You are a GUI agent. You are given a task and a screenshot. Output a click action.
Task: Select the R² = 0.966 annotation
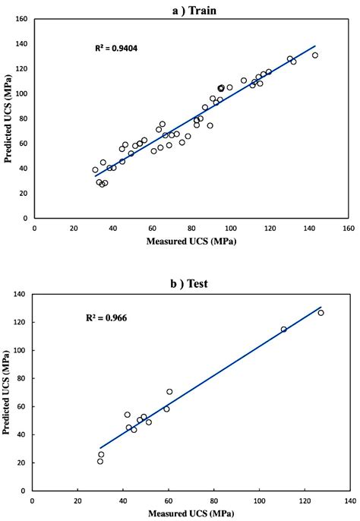pyautogui.click(x=106, y=318)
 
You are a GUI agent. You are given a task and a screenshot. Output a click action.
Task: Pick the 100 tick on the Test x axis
pyautogui.click(x=260, y=500)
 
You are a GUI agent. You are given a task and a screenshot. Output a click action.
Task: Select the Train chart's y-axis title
pyautogui.click(x=9, y=118)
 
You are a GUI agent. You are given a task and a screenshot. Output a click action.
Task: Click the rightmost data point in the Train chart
pyautogui.click(x=315, y=55)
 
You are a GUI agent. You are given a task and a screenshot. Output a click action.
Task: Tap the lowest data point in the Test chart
pyautogui.click(x=99, y=461)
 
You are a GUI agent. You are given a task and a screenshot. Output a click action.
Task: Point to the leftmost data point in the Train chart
pyautogui.click(x=95, y=170)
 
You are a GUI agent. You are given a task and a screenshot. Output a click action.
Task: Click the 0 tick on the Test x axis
pyautogui.click(x=32, y=500)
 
